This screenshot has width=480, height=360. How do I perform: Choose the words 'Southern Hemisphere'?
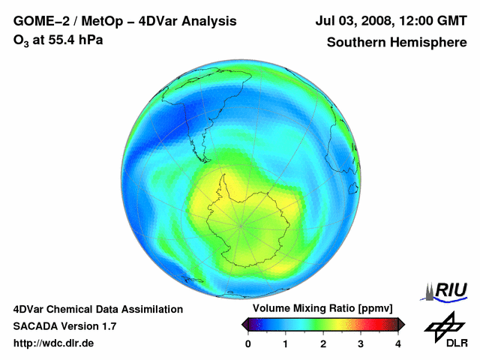pyautogui.click(x=396, y=42)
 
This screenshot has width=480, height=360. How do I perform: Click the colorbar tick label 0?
pyautogui.click(x=248, y=343)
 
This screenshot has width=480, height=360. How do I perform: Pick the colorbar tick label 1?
pyautogui.click(x=286, y=343)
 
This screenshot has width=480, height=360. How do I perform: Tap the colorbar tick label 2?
pyautogui.click(x=323, y=343)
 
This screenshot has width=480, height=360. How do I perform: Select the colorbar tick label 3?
pyautogui.click(x=361, y=343)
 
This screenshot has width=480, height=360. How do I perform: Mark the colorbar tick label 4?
pyautogui.click(x=398, y=343)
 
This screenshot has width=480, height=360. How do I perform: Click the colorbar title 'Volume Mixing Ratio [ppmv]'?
pyautogui.click(x=322, y=308)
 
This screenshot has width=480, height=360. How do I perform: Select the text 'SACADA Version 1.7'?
pyautogui.click(x=64, y=326)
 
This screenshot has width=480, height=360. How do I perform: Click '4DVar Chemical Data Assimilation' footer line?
pyautogui.click(x=98, y=309)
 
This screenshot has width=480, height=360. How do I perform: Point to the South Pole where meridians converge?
pyautogui.click(x=241, y=223)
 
